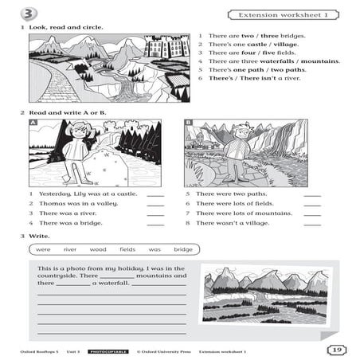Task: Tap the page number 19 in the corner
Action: click(335, 349)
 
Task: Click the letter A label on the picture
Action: click(33, 124)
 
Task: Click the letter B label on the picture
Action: click(189, 123)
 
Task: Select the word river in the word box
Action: click(70, 249)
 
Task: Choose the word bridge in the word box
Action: click(183, 249)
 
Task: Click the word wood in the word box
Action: click(98, 249)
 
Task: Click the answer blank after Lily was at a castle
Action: click(155, 194)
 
